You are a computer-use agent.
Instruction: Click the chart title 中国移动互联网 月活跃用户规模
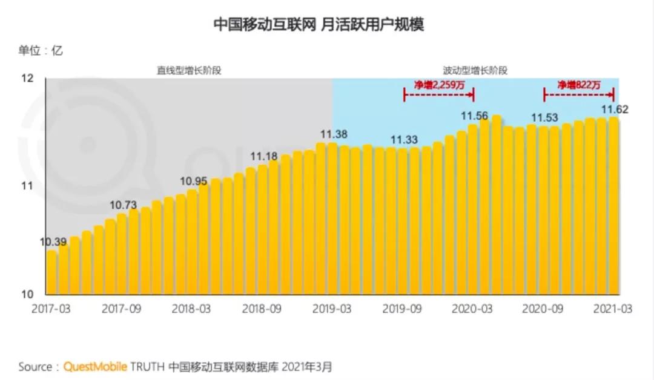(319, 24)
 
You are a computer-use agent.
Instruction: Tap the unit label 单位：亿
(41, 51)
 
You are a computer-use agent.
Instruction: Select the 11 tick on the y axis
(27, 186)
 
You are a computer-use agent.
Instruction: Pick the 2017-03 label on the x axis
(51, 309)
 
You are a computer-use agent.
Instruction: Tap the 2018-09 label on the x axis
(262, 309)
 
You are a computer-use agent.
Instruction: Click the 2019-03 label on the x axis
(332, 309)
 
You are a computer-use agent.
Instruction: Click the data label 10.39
(53, 243)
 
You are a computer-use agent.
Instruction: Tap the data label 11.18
(264, 157)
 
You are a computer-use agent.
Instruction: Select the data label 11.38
(334, 134)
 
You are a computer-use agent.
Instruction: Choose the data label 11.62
(614, 110)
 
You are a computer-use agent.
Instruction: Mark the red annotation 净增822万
(579, 85)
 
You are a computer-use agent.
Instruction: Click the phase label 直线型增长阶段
(190, 70)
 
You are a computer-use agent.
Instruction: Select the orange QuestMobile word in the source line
(96, 367)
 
